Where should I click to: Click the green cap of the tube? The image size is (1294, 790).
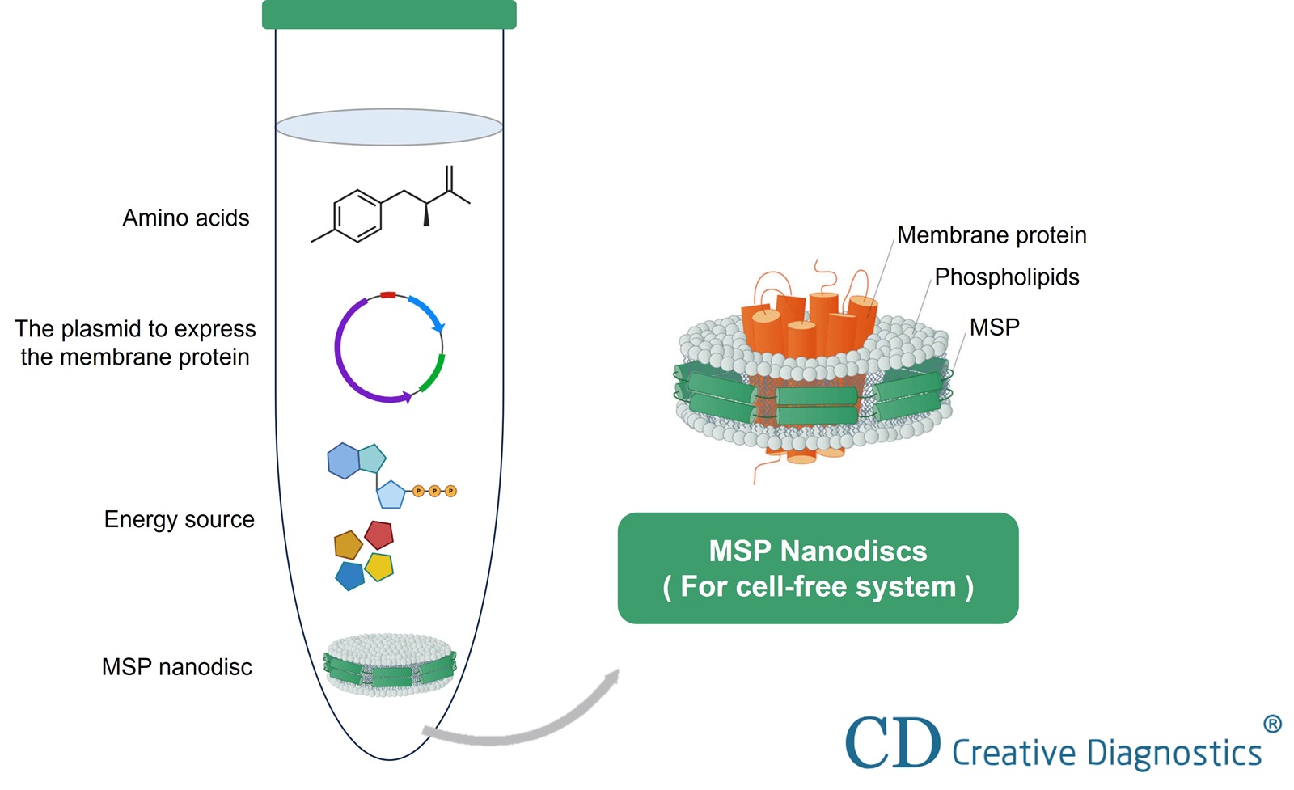click(389, 15)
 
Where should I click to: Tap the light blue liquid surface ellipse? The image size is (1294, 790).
click(389, 127)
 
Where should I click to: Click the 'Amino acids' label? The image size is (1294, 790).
click(186, 218)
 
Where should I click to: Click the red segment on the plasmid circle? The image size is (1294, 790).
click(388, 295)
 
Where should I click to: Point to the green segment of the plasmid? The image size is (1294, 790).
click(433, 373)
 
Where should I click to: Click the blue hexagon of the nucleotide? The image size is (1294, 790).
click(343, 461)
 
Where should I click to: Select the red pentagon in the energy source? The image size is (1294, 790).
click(378, 534)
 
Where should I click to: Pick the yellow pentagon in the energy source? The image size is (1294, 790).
click(378, 567)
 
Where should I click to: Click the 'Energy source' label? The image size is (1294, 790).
click(179, 520)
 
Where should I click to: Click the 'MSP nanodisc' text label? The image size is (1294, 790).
click(176, 667)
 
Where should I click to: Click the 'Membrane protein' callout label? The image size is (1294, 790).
click(992, 235)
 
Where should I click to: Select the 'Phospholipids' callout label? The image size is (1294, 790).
click(1006, 277)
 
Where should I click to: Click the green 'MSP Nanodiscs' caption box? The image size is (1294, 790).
click(818, 568)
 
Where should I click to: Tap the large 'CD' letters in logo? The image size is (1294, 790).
click(893, 742)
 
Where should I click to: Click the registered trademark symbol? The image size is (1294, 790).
click(1271, 724)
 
